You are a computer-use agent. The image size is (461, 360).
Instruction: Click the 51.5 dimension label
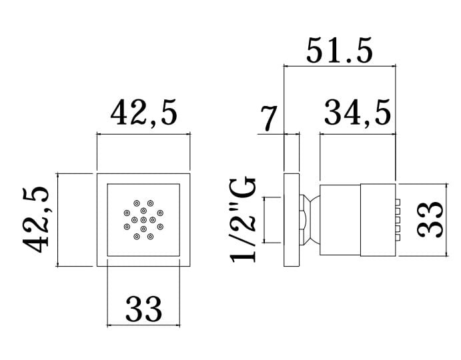[340, 51]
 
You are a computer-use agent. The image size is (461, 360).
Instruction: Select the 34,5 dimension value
[358, 112]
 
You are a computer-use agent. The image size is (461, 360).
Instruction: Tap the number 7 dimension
[269, 118]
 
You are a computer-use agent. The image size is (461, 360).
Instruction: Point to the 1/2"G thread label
[243, 219]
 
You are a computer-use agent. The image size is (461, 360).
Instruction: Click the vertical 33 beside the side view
[430, 219]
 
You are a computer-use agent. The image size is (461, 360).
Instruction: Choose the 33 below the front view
[143, 309]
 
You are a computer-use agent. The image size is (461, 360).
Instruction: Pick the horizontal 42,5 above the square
[144, 112]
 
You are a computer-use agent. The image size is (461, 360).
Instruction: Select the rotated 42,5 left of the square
[36, 219]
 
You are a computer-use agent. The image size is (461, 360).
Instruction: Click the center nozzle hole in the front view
[143, 220]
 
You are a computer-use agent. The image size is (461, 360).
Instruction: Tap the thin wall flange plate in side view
[292, 220]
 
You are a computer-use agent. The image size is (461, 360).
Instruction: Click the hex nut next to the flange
[302, 220]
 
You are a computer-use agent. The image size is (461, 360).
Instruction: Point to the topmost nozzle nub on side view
[398, 202]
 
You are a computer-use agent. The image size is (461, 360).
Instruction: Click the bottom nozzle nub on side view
[398, 238]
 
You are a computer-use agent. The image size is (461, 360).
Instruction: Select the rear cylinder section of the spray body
[340, 220]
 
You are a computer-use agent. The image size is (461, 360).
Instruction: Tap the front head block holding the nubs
[378, 220]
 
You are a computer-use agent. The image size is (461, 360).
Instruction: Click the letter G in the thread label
[243, 188]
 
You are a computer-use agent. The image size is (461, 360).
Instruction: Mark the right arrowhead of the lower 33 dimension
[177, 325]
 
